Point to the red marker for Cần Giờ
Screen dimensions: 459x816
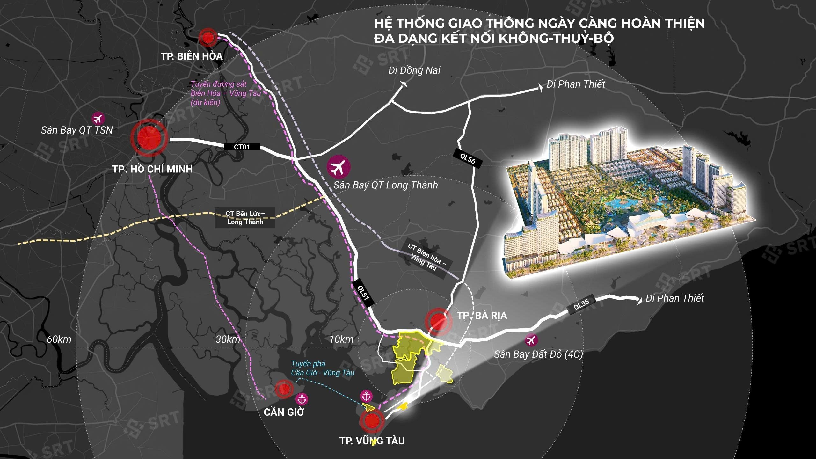click(283, 389)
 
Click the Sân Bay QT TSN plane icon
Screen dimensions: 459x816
click(98, 119)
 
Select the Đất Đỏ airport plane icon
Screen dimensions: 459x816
click(531, 340)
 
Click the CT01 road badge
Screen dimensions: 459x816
click(242, 147)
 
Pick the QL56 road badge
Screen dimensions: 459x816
click(468, 158)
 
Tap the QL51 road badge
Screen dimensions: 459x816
click(363, 293)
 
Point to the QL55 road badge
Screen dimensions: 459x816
click(581, 305)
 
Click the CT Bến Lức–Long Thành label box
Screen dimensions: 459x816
click(245, 218)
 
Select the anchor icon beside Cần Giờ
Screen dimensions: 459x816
click(302, 399)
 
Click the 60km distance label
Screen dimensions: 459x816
click(59, 339)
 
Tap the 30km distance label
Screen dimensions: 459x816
click(228, 339)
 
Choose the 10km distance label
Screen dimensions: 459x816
click(341, 339)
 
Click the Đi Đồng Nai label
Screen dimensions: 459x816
click(414, 70)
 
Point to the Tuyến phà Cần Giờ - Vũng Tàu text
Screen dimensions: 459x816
click(323, 368)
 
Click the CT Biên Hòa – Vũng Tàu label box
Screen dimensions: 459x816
click(426, 257)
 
